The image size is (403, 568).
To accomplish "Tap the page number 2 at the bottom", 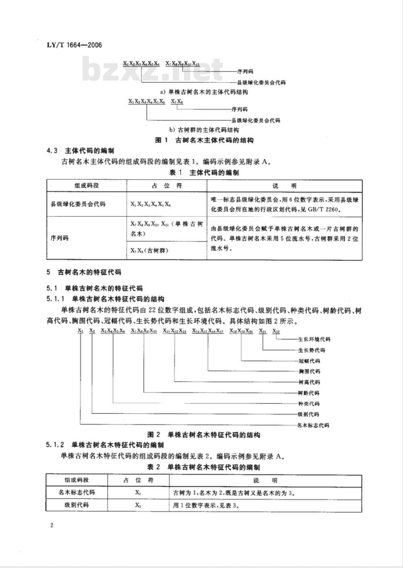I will (x=51, y=526).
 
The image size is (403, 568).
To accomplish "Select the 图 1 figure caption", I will (x=204, y=141).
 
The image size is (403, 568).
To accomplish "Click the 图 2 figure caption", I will (x=204, y=435).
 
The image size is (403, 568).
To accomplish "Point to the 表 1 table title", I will (x=204, y=173).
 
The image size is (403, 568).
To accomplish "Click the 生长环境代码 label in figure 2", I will (x=314, y=340).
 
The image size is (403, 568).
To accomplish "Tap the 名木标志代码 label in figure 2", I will (x=313, y=425).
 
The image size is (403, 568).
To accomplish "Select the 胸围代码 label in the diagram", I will (x=309, y=371).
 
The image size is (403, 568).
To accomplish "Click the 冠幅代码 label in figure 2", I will (x=309, y=361).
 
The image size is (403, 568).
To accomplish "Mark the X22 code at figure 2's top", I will (x=276, y=332).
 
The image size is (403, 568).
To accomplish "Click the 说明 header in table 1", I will (x=285, y=186).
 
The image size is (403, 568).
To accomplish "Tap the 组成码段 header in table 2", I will (x=77, y=480).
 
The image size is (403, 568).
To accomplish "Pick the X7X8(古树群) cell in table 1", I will (x=150, y=251).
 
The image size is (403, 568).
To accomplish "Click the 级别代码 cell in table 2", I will (x=77, y=505).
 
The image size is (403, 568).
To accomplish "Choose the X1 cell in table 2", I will (x=138, y=493).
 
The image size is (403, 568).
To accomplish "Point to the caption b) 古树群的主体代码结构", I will (x=204, y=130).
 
